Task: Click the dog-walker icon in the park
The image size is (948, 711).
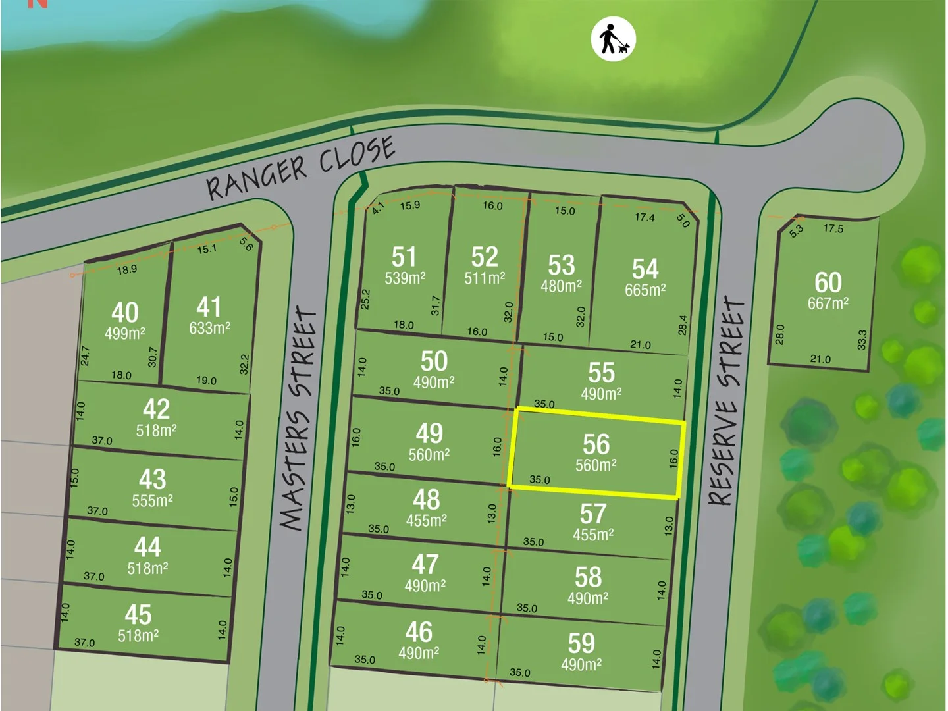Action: click(613, 39)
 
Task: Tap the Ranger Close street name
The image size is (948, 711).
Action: click(301, 167)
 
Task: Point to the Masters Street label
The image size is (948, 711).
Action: click(299, 419)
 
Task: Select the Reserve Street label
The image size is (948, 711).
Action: click(726, 401)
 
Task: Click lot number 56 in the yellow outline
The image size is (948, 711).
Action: click(596, 444)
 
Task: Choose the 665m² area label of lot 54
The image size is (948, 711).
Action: click(645, 290)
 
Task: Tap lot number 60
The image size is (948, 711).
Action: click(828, 282)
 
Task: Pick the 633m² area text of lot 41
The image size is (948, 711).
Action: click(209, 328)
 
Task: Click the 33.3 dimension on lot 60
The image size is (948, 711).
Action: click(862, 339)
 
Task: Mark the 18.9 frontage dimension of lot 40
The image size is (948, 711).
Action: click(126, 269)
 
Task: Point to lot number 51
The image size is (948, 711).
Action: click(404, 257)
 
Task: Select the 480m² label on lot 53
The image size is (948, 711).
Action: click(561, 286)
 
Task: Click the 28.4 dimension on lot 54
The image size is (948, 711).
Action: click(683, 325)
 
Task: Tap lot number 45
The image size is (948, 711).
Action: click(138, 614)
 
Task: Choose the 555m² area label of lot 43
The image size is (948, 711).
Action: click(152, 500)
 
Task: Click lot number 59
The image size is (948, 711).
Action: click(581, 643)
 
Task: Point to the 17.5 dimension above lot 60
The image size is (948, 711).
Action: click(833, 228)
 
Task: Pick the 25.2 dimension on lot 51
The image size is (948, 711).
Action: click(366, 299)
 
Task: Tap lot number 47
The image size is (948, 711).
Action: click(425, 564)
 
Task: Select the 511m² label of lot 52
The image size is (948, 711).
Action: click(485, 278)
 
